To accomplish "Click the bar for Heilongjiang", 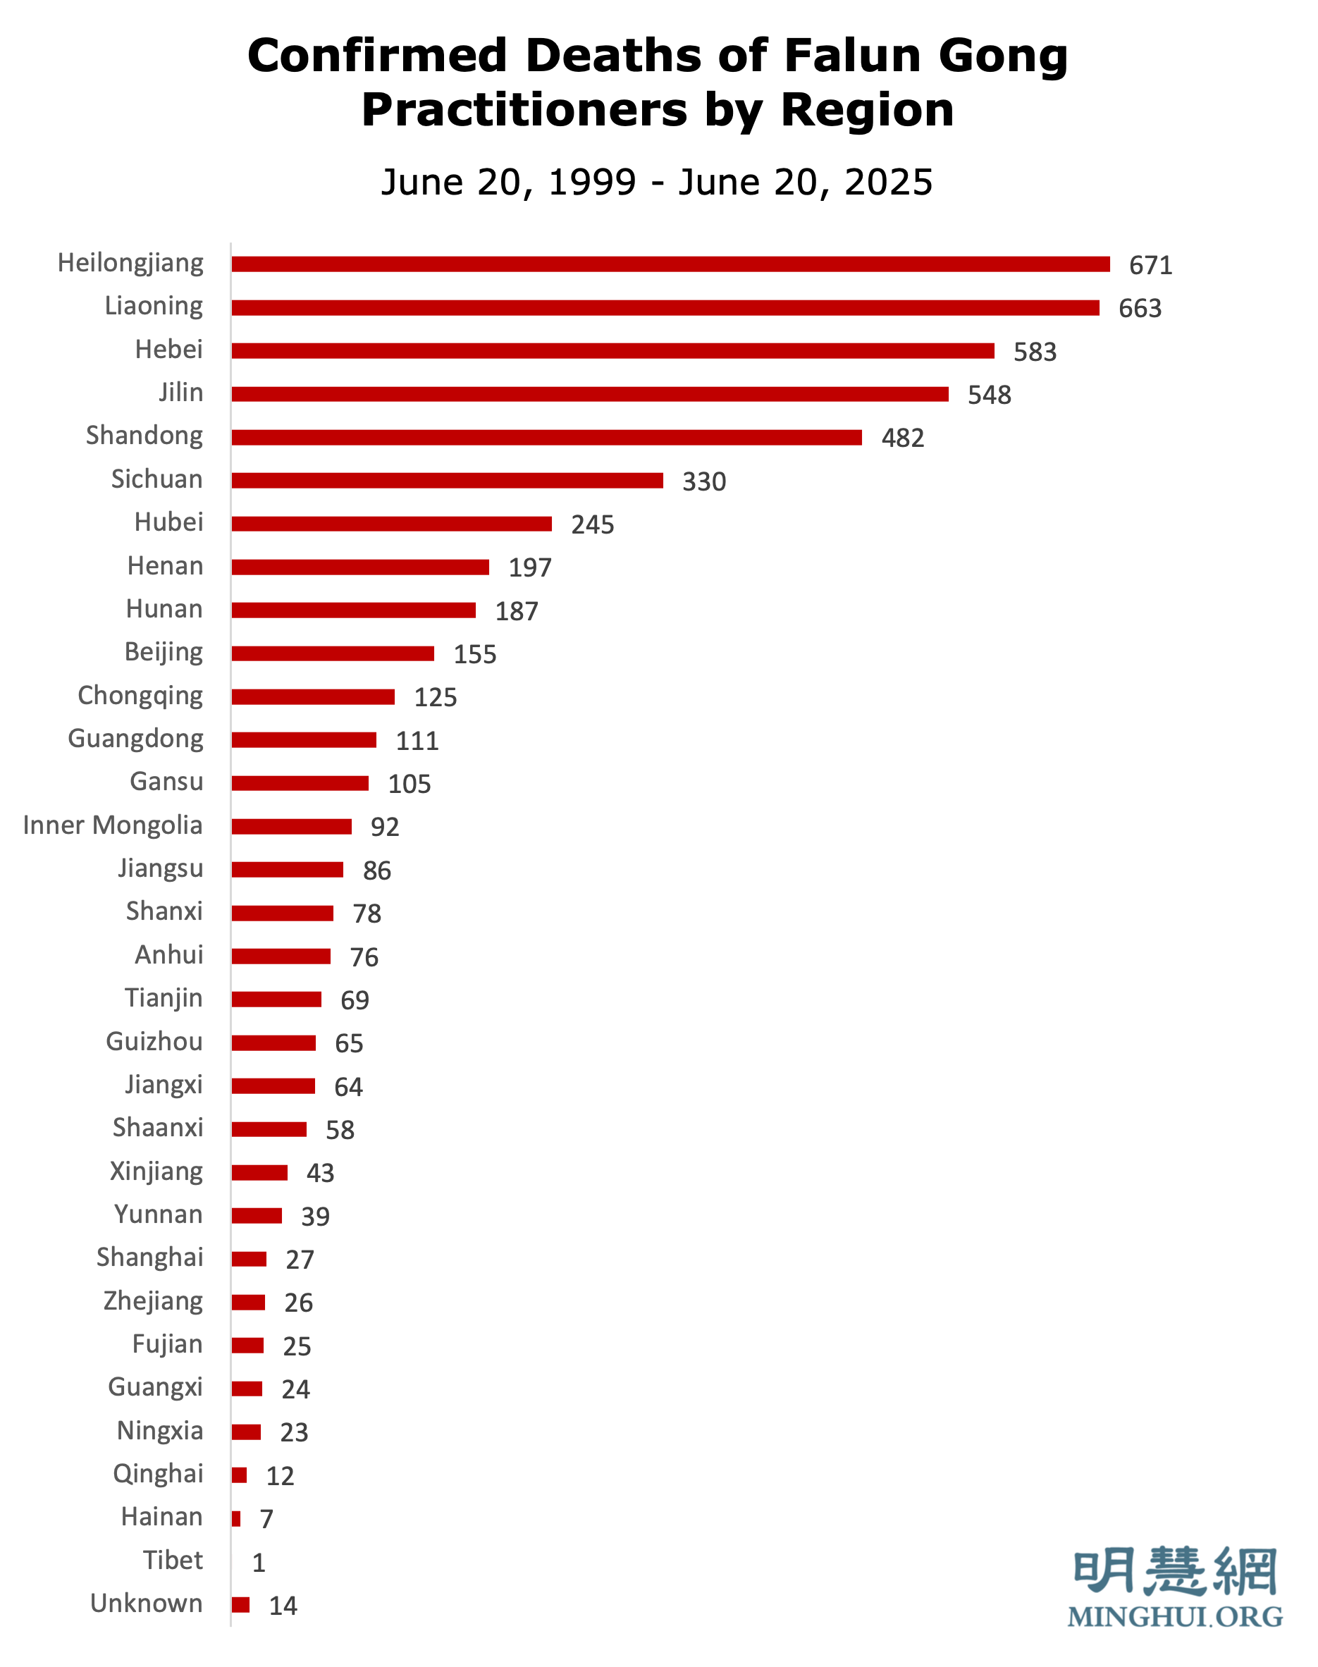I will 670,264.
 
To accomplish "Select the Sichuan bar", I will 447,480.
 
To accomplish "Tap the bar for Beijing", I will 333,653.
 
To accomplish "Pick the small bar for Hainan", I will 236,1519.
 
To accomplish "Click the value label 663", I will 1140,309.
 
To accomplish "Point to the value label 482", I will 902,438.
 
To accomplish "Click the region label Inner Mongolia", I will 113,825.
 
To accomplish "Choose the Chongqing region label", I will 140,696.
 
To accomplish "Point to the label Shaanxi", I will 157,1128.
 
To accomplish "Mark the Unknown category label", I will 146,1603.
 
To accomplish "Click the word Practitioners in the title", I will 523,109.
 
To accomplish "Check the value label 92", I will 384,828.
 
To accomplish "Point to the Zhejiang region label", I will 153,1301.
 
